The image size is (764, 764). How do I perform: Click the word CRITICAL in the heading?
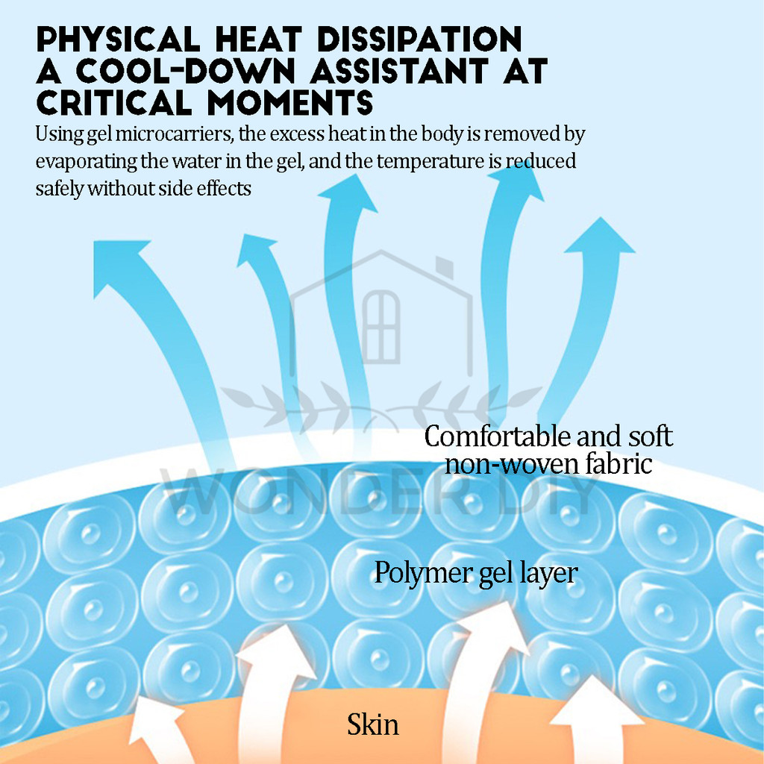click(x=116, y=103)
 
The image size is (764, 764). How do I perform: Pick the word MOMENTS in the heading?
click(x=290, y=103)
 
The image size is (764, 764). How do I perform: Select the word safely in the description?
click(x=59, y=188)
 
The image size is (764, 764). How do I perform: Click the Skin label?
click(x=372, y=724)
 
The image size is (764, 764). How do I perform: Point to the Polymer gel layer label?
click(x=475, y=573)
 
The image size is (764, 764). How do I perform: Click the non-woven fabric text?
click(x=548, y=464)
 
